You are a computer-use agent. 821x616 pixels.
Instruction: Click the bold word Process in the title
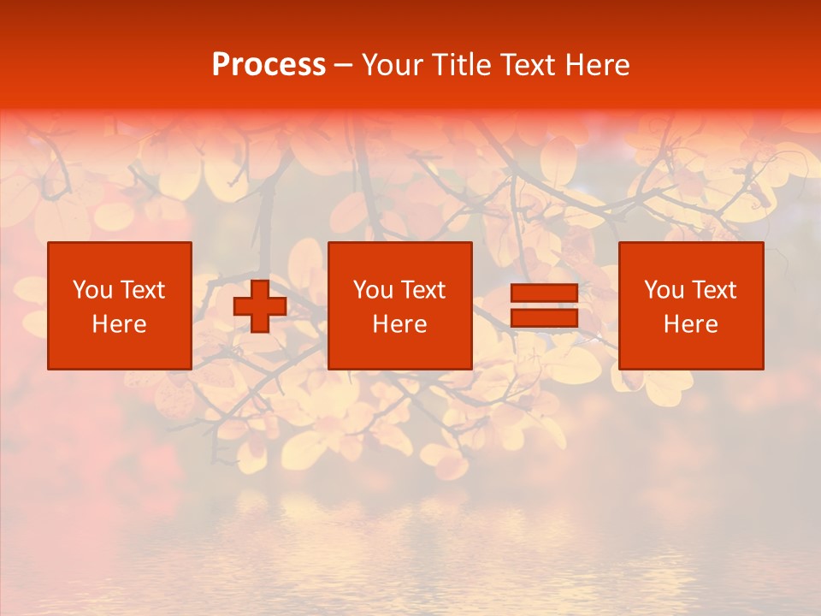point(269,65)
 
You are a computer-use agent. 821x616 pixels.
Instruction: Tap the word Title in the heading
point(460,65)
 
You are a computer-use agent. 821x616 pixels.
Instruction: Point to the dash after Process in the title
point(343,66)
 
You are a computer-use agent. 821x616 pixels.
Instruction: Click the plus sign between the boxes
point(260,306)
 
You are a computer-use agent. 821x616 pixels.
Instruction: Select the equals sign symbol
point(544,305)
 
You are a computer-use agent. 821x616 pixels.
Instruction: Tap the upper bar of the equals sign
point(544,293)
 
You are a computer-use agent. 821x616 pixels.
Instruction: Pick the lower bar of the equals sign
point(544,317)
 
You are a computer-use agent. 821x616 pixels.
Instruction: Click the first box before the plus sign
point(119,305)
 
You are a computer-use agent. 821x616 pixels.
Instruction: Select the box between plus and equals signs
point(399,305)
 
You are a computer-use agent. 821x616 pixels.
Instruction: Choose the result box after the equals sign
point(691,305)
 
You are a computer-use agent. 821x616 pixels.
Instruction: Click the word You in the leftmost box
point(92,290)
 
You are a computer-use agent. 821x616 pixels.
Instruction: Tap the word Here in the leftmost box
point(119,324)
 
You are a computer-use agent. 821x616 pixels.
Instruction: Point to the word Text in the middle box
point(422,290)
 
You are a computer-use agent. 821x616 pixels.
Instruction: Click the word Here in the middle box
point(399,324)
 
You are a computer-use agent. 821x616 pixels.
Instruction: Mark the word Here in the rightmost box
point(691,324)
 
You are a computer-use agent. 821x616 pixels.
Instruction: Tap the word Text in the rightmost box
point(713,290)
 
